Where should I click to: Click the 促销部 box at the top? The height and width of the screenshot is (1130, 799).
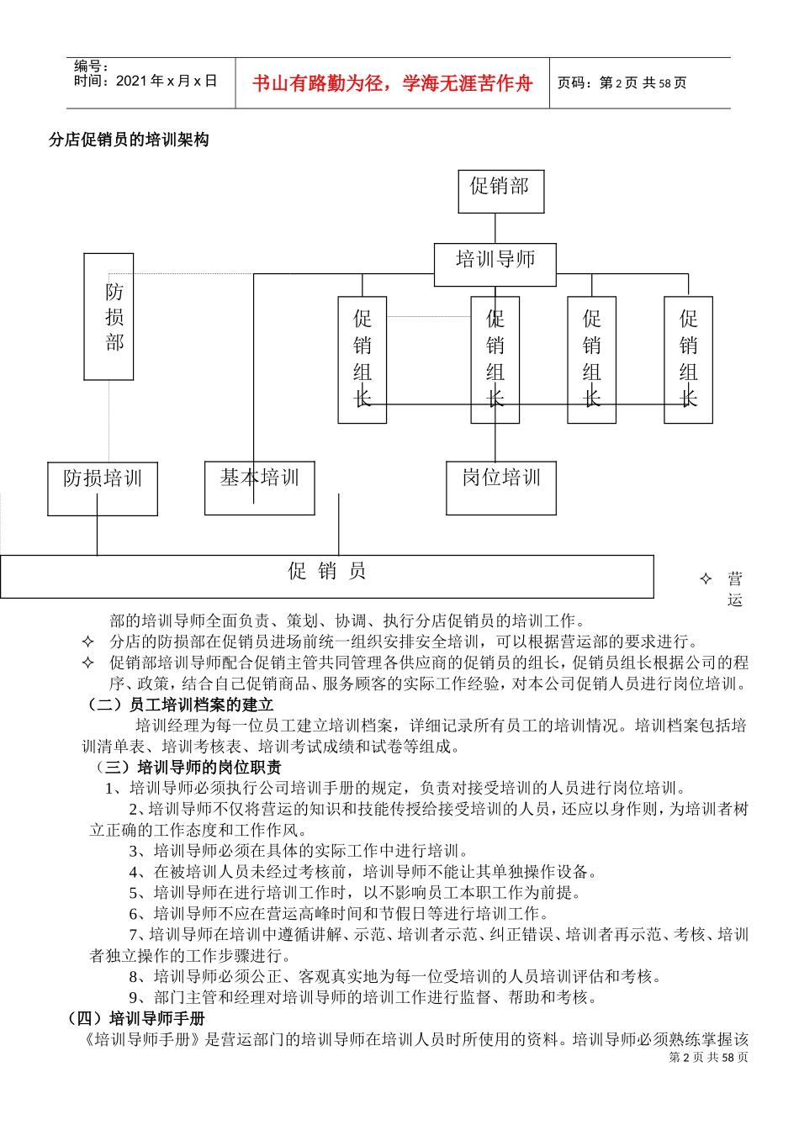coord(500,191)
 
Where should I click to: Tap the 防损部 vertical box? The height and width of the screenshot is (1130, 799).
coord(109,317)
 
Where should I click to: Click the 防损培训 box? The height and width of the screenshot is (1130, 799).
coord(103,488)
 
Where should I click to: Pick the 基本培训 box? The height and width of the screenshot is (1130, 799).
coord(259,488)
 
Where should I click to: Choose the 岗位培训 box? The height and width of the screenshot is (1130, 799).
coord(500,488)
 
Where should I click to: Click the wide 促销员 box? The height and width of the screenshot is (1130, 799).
coord(326,576)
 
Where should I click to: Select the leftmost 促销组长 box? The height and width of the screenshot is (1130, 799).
coord(362,359)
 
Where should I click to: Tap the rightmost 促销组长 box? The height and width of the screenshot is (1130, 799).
coord(688,359)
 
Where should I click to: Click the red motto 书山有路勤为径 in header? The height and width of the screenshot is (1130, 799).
coord(392,83)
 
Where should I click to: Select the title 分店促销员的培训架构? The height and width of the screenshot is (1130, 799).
coord(129,140)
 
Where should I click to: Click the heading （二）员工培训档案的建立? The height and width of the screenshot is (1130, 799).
coord(181,705)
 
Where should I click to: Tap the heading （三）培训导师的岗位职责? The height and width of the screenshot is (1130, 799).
coord(188,767)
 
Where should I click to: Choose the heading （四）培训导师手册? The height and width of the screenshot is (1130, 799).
coord(135,1018)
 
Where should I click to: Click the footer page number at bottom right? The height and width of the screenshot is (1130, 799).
coord(708,1058)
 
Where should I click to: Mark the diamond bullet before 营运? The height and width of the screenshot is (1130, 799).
coord(706,578)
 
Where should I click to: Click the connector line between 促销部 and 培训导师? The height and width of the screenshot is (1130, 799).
coord(495,229)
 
